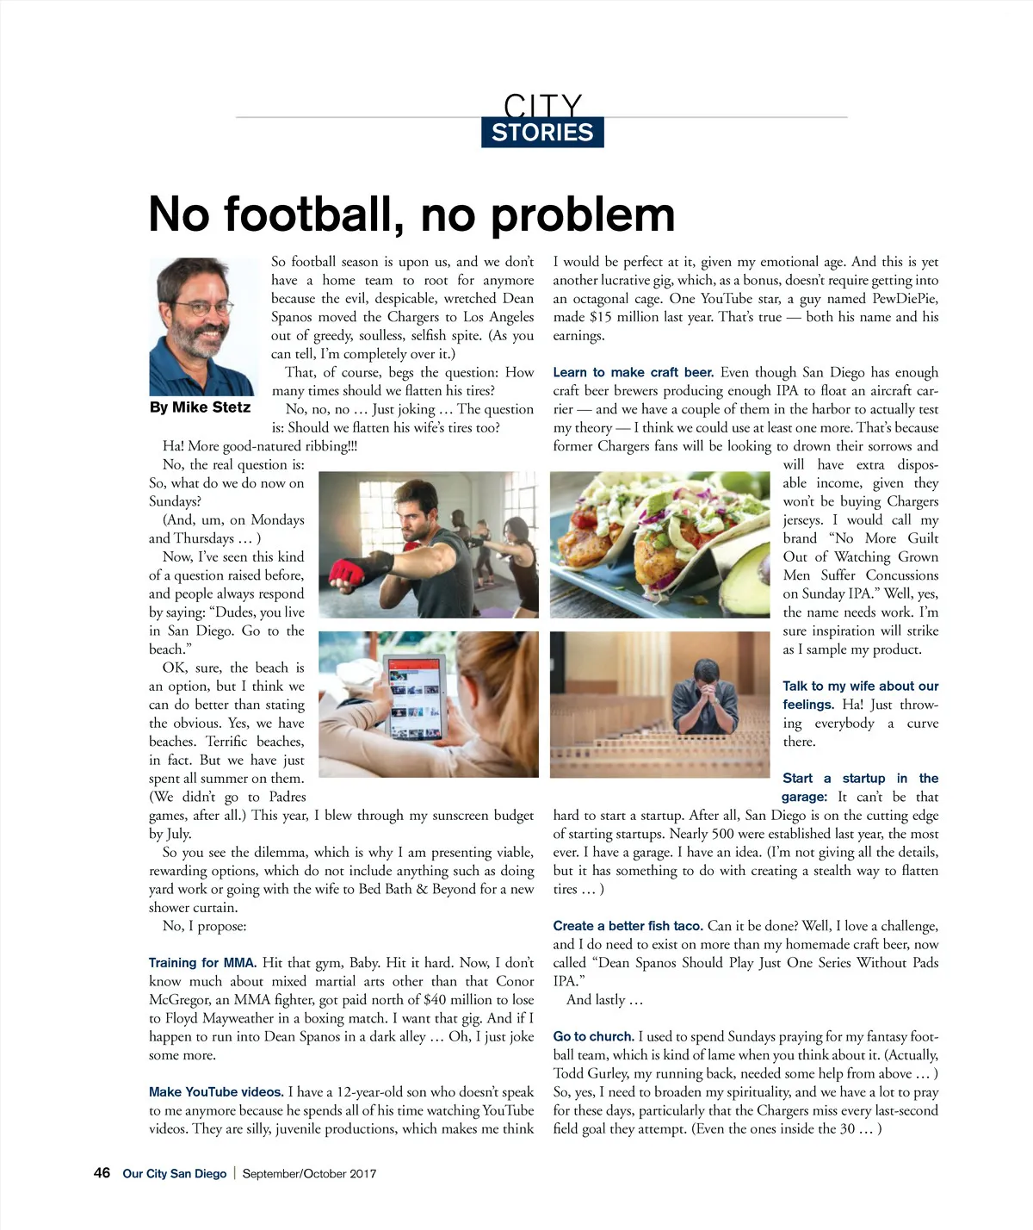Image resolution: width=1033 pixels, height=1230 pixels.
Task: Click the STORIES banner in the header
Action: (x=542, y=133)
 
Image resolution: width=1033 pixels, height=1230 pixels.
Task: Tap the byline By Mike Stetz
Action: (x=200, y=407)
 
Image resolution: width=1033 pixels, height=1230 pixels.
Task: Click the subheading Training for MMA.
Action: (x=202, y=963)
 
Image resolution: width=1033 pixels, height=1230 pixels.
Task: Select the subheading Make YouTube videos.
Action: (x=216, y=1092)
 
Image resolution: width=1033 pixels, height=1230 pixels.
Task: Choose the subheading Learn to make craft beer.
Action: (x=633, y=372)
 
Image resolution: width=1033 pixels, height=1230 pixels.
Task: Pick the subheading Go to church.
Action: (x=593, y=1037)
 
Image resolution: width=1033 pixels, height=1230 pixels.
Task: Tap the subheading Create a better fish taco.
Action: (x=628, y=926)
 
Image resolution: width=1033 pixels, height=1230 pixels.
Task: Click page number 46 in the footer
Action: (x=102, y=1173)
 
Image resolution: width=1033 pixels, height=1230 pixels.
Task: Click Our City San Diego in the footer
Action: (x=175, y=1174)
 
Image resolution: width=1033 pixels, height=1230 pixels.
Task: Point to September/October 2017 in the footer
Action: (x=309, y=1174)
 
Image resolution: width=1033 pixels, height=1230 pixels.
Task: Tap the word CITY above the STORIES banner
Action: (x=542, y=105)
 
